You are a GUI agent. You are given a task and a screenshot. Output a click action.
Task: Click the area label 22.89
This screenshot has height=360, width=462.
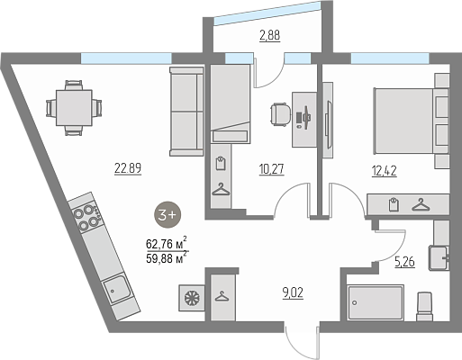(128, 168)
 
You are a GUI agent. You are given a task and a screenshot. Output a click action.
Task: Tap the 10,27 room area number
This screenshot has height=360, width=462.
(271, 169)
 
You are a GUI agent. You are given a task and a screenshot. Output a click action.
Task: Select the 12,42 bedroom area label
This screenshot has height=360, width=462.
(385, 171)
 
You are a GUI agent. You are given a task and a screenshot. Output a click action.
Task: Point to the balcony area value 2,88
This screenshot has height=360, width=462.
(269, 35)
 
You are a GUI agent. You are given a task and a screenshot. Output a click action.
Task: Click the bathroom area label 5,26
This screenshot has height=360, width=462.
(404, 262)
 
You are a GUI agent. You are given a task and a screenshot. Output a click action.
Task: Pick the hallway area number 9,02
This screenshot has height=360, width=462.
(293, 292)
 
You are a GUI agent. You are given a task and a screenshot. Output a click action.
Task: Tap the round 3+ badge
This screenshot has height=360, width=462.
(168, 214)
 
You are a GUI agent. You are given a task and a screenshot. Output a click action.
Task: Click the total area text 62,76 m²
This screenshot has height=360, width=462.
(167, 243)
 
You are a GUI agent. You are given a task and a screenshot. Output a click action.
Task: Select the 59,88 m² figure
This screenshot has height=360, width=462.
(167, 257)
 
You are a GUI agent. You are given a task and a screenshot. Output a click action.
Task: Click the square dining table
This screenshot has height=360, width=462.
(74, 108)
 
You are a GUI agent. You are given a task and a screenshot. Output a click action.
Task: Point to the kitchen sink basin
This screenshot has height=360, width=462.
(116, 290)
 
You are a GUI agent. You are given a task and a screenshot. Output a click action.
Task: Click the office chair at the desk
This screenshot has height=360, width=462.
(280, 114)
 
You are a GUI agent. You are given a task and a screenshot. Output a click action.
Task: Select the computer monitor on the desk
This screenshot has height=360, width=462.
(306, 117)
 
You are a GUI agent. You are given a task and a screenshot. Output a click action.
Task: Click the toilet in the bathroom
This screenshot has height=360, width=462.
(426, 306)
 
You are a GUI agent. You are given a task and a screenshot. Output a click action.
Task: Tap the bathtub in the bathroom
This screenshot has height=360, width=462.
(376, 303)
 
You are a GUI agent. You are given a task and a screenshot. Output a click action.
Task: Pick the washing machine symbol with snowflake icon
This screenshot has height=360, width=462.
(192, 298)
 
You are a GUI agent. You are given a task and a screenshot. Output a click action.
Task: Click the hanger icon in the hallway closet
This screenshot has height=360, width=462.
(222, 296)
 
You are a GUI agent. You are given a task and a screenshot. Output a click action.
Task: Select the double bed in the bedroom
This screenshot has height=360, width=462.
(412, 121)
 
